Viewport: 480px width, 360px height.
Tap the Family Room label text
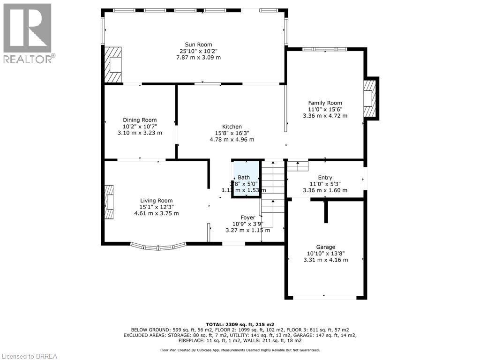click(x=325, y=103)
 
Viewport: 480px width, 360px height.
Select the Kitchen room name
click(x=232, y=127)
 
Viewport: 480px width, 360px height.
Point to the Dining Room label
click(x=140, y=120)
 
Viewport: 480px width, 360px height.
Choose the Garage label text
click(x=325, y=247)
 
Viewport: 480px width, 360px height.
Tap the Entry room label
click(x=325, y=178)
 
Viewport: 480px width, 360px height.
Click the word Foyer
click(x=248, y=217)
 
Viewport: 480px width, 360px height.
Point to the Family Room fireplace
click(x=369, y=98)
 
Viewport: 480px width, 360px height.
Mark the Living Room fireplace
click(x=109, y=202)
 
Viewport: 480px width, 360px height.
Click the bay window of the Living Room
click(x=158, y=246)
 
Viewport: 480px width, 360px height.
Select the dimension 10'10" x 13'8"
click(x=325, y=254)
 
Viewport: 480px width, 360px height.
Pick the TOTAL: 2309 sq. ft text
click(x=240, y=324)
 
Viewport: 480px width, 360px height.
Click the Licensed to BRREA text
click(x=29, y=356)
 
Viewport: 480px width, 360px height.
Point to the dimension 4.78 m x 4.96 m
click(x=232, y=140)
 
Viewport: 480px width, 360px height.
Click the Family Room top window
click(x=324, y=49)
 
